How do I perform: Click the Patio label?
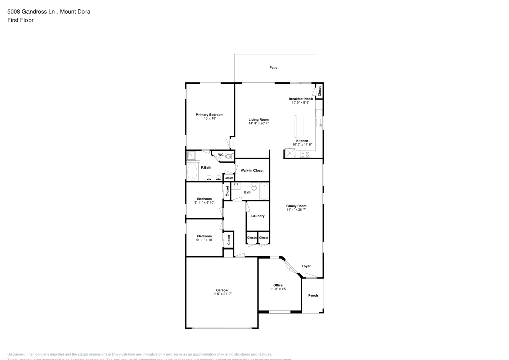pyautogui.click(x=273, y=67)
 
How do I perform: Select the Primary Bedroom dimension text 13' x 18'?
pyautogui.click(x=210, y=118)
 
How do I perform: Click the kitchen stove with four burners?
pyautogui.click(x=305, y=154)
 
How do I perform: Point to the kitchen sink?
pyautogui.click(x=318, y=122)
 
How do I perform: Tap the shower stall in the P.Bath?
pyautogui.click(x=192, y=156)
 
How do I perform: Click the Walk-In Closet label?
pyautogui.click(x=252, y=170)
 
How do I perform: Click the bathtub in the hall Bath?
pyautogui.click(x=264, y=191)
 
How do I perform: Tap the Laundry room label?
pyautogui.click(x=258, y=216)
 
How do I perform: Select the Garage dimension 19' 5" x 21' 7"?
pyautogui.click(x=221, y=294)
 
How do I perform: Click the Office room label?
pyautogui.click(x=278, y=285)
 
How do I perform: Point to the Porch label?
pyautogui.click(x=313, y=295)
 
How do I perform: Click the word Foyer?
pyautogui.click(x=306, y=266)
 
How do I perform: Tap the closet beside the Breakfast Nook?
pyautogui.click(x=319, y=91)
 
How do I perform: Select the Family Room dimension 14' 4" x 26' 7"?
pyautogui.click(x=296, y=209)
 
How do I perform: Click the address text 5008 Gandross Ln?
pyautogui.click(x=30, y=11)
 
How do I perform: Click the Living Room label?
pyautogui.click(x=259, y=119)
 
